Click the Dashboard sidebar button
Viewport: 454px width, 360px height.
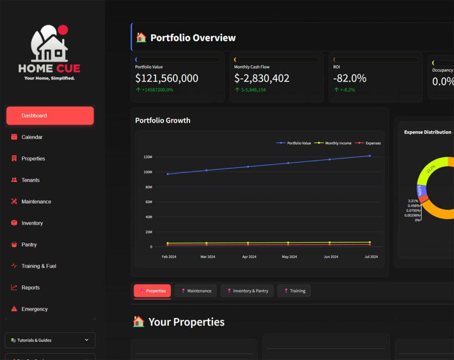click(x=50, y=116)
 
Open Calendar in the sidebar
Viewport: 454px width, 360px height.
click(x=32, y=137)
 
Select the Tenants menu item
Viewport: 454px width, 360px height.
click(x=30, y=180)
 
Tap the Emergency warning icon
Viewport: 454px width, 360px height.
click(x=14, y=309)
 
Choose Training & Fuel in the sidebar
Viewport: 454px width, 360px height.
click(x=39, y=266)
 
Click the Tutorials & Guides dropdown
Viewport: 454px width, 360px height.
click(x=50, y=340)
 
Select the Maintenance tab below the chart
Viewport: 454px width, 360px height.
click(x=196, y=291)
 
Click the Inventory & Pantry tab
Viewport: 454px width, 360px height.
click(x=247, y=291)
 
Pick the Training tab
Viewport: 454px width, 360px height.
click(x=294, y=291)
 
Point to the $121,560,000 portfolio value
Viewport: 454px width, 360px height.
click(x=167, y=78)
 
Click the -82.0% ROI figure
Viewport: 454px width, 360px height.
click(x=350, y=78)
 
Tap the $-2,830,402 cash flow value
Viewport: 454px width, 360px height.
click(x=262, y=78)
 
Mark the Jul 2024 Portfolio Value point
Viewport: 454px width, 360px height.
click(x=370, y=156)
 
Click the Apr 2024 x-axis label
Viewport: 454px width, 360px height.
click(x=249, y=257)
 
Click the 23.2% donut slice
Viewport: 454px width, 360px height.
click(x=429, y=170)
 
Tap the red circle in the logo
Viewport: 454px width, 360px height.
click(x=63, y=30)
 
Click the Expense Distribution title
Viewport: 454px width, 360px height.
click(x=427, y=132)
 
